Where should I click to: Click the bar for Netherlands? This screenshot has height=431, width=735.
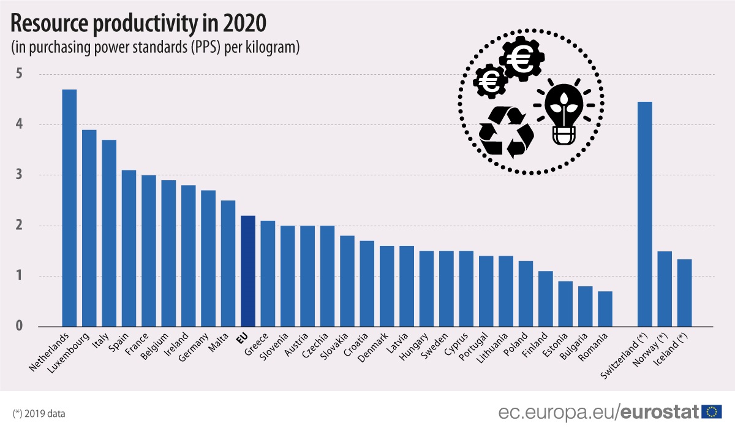tap(69, 208)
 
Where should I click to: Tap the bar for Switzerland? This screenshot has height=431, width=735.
tap(644, 214)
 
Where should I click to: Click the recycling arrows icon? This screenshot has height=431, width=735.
tap(505, 131)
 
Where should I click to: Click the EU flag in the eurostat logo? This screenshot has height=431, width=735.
tap(712, 411)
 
